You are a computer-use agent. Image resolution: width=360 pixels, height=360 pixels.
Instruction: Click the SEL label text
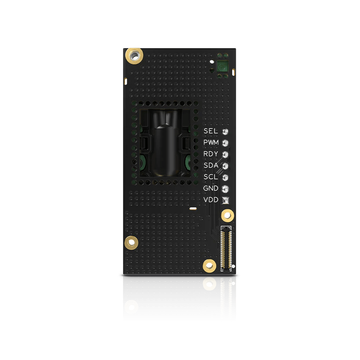[x=211, y=131]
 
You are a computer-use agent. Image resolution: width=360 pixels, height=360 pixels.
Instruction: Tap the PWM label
[x=211, y=142]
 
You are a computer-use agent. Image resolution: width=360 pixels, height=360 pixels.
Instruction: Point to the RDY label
[x=211, y=154]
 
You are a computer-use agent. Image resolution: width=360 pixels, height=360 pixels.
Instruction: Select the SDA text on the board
[x=211, y=165]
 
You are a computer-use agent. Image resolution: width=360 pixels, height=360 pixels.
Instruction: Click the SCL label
[x=211, y=177]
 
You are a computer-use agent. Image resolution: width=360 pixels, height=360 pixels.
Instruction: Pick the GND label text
[x=211, y=188]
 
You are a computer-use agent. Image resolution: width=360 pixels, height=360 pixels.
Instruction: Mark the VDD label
[x=211, y=200]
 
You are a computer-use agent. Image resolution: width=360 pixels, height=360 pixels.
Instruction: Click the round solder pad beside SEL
[x=226, y=131]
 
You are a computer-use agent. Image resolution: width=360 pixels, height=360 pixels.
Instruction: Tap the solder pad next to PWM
[x=226, y=142]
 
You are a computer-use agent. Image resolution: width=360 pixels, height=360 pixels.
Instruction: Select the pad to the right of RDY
[x=226, y=154]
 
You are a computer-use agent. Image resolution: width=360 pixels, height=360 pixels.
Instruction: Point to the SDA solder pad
[x=226, y=166]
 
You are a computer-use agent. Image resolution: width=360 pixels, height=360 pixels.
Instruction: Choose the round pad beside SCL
[x=226, y=177]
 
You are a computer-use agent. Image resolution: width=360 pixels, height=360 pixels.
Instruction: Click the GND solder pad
[x=226, y=188]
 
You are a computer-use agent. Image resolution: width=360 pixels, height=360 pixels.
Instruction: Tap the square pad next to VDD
[x=226, y=200]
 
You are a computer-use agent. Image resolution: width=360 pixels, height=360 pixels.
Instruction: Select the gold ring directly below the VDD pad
[x=227, y=215]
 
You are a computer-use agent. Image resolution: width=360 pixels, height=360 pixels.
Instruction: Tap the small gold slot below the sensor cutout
[x=193, y=208]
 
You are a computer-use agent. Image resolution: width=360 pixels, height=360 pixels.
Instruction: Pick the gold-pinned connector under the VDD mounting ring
[x=226, y=249]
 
